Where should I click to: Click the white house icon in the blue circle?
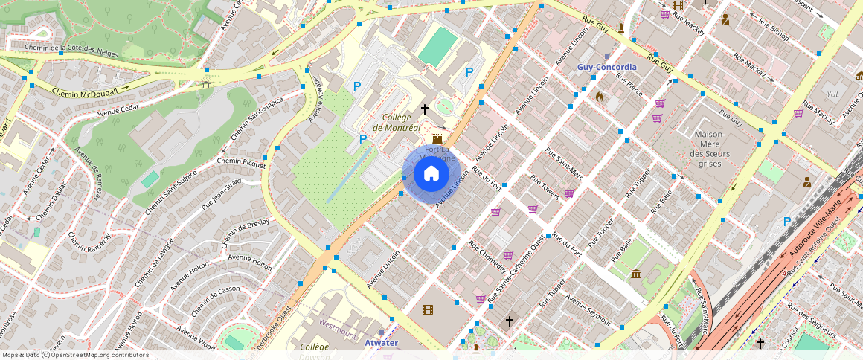click(x=431, y=174)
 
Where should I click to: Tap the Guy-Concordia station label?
click(x=607, y=67)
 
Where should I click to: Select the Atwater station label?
click(x=381, y=343)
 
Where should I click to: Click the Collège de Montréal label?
click(x=402, y=123)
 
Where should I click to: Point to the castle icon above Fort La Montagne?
click(x=437, y=138)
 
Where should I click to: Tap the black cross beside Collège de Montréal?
click(x=425, y=109)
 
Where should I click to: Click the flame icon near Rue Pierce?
click(x=600, y=96)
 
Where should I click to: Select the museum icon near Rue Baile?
click(x=635, y=274)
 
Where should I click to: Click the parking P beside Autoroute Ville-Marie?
click(x=787, y=222)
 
